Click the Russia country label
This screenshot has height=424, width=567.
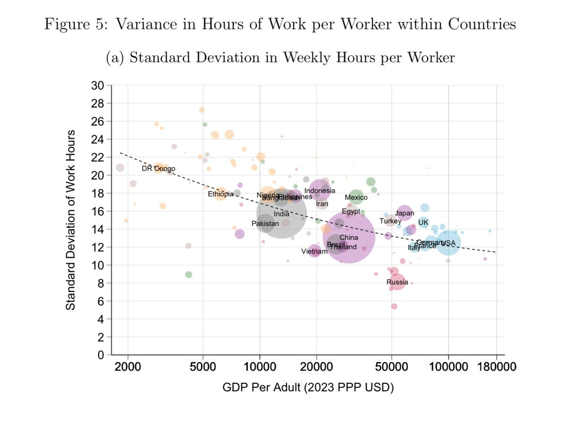coord(397,282)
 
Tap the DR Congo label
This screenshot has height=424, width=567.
coord(158,169)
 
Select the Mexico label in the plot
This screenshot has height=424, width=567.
coord(356,197)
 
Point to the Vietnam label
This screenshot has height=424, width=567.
coord(314,252)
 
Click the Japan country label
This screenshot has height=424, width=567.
coord(404,213)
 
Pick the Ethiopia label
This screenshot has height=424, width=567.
coord(221,194)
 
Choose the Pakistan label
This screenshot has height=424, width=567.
coord(265,223)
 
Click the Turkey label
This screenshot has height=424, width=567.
coord(390,221)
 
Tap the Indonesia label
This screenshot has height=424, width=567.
coord(319,191)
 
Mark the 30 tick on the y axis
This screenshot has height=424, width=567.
coord(97,85)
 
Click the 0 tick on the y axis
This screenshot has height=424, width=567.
coord(100,355)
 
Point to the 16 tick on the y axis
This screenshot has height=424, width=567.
coord(97,211)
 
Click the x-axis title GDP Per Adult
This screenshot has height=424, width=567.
coord(308,388)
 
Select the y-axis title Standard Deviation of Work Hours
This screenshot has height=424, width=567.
coord(70,220)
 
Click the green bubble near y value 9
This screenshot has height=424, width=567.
coord(189,274)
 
